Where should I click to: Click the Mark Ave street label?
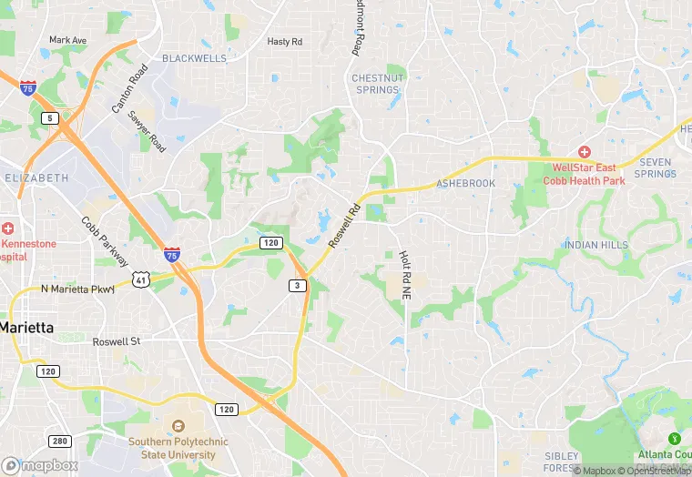pos(67,40)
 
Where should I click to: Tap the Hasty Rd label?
pos(284,42)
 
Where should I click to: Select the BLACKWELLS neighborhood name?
pos(194,58)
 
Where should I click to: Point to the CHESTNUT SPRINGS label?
pos(377,84)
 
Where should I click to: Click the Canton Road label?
pos(128,88)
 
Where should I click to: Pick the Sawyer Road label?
pos(148,131)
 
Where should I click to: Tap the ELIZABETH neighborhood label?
pos(36,177)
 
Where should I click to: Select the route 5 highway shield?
pos(47,118)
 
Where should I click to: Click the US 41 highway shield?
pos(139,280)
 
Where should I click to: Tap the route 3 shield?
pos(297,286)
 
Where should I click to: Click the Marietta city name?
pos(25,326)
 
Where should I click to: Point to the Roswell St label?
pos(117,341)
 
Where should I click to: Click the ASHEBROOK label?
pos(465,184)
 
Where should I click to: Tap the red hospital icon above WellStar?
pos(584,151)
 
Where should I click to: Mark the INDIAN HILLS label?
pos(595,246)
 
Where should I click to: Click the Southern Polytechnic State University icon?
pos(178,425)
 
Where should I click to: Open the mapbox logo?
pos(40,465)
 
